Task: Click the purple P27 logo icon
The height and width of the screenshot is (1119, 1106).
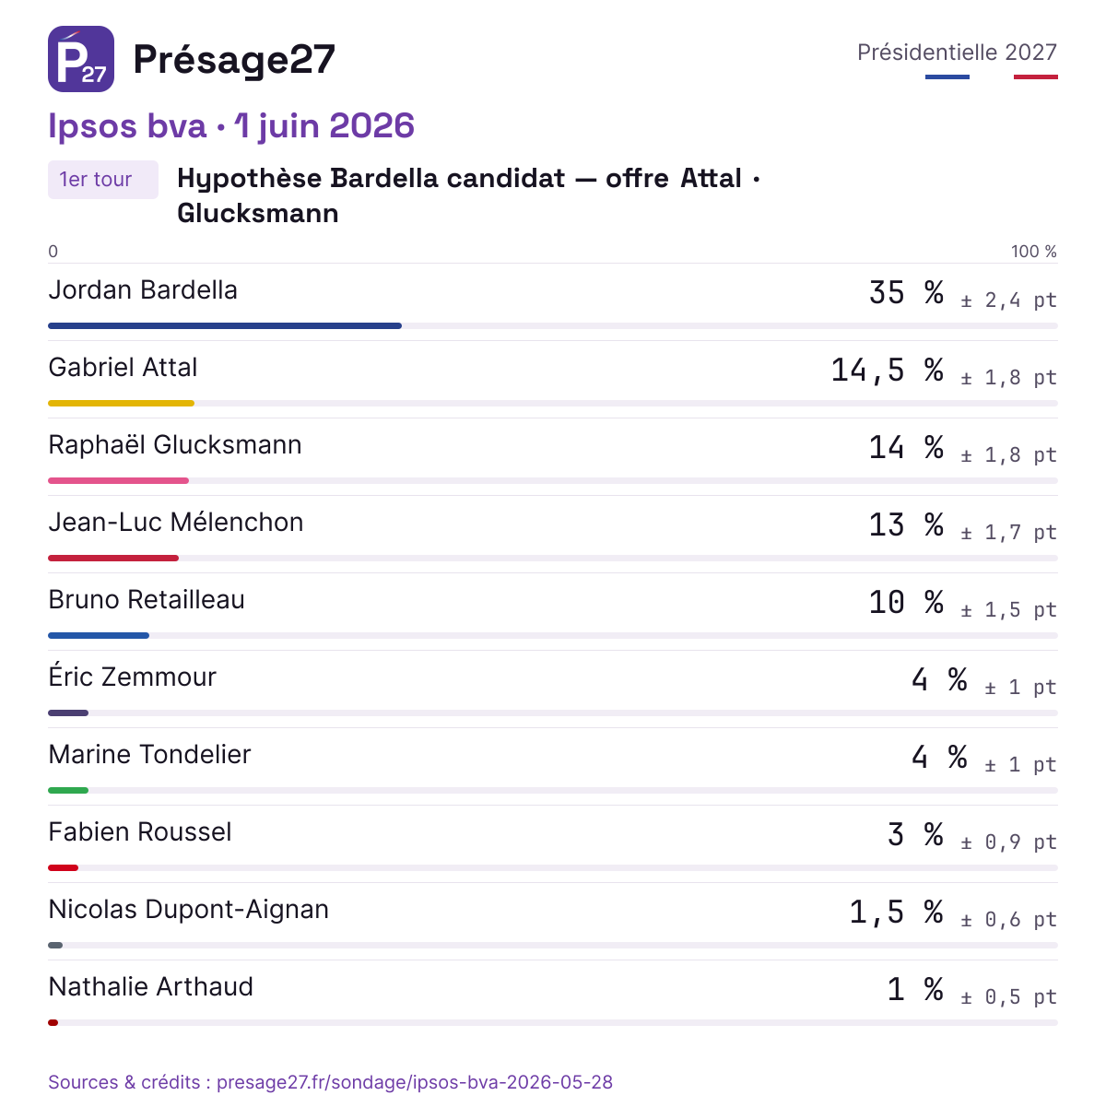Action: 81,59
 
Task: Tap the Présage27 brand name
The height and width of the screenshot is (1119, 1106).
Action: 234,61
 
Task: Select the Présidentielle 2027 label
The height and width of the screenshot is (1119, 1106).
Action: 957,53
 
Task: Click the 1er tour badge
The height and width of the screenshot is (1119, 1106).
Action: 103,180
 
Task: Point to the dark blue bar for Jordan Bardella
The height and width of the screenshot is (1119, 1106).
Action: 225,325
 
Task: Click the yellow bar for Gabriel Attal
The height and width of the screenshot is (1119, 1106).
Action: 121,403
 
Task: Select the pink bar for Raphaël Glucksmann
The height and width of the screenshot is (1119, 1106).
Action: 119,481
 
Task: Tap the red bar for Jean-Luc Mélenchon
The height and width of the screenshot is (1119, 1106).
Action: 113,558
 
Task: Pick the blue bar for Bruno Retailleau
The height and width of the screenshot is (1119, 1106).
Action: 99,635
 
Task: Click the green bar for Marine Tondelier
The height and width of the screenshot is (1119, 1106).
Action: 68,790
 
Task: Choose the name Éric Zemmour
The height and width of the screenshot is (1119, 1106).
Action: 133,677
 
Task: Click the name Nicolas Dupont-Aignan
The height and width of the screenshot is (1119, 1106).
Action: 189,910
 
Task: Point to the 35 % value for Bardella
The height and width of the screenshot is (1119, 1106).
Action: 906,292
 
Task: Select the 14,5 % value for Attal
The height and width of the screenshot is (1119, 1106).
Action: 888,370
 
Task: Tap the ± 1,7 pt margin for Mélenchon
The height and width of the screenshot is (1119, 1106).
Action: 1008,532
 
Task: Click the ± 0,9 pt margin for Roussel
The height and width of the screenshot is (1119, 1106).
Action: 1008,842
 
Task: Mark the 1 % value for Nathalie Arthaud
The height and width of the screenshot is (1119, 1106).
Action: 915,989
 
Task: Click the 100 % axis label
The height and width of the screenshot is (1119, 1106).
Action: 1033,252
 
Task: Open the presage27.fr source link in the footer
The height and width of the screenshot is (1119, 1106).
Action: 415,1082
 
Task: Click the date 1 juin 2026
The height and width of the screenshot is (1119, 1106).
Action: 324,126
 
